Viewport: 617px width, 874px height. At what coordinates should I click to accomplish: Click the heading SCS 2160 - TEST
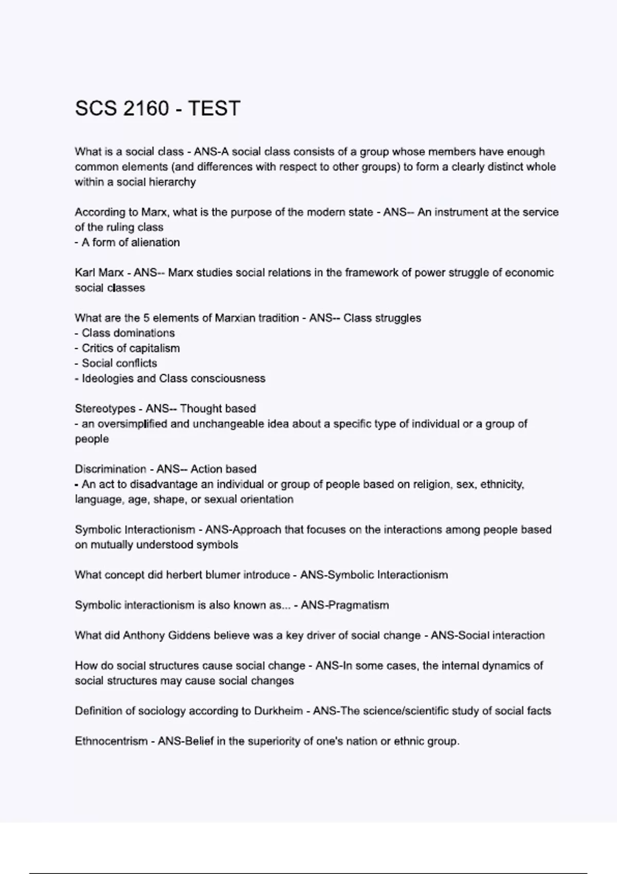157,108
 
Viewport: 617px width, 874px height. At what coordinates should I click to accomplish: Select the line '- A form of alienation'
128,243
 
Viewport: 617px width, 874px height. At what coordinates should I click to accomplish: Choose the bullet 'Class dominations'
128,333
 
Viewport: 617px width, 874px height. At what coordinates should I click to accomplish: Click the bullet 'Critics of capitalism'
131,348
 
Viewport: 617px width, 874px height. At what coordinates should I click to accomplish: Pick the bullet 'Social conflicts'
119,363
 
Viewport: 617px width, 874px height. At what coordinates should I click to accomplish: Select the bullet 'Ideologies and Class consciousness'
173,378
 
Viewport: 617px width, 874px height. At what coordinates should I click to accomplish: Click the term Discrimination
111,469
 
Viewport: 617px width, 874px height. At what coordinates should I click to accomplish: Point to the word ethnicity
502,484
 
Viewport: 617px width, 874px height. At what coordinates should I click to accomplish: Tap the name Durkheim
278,711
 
